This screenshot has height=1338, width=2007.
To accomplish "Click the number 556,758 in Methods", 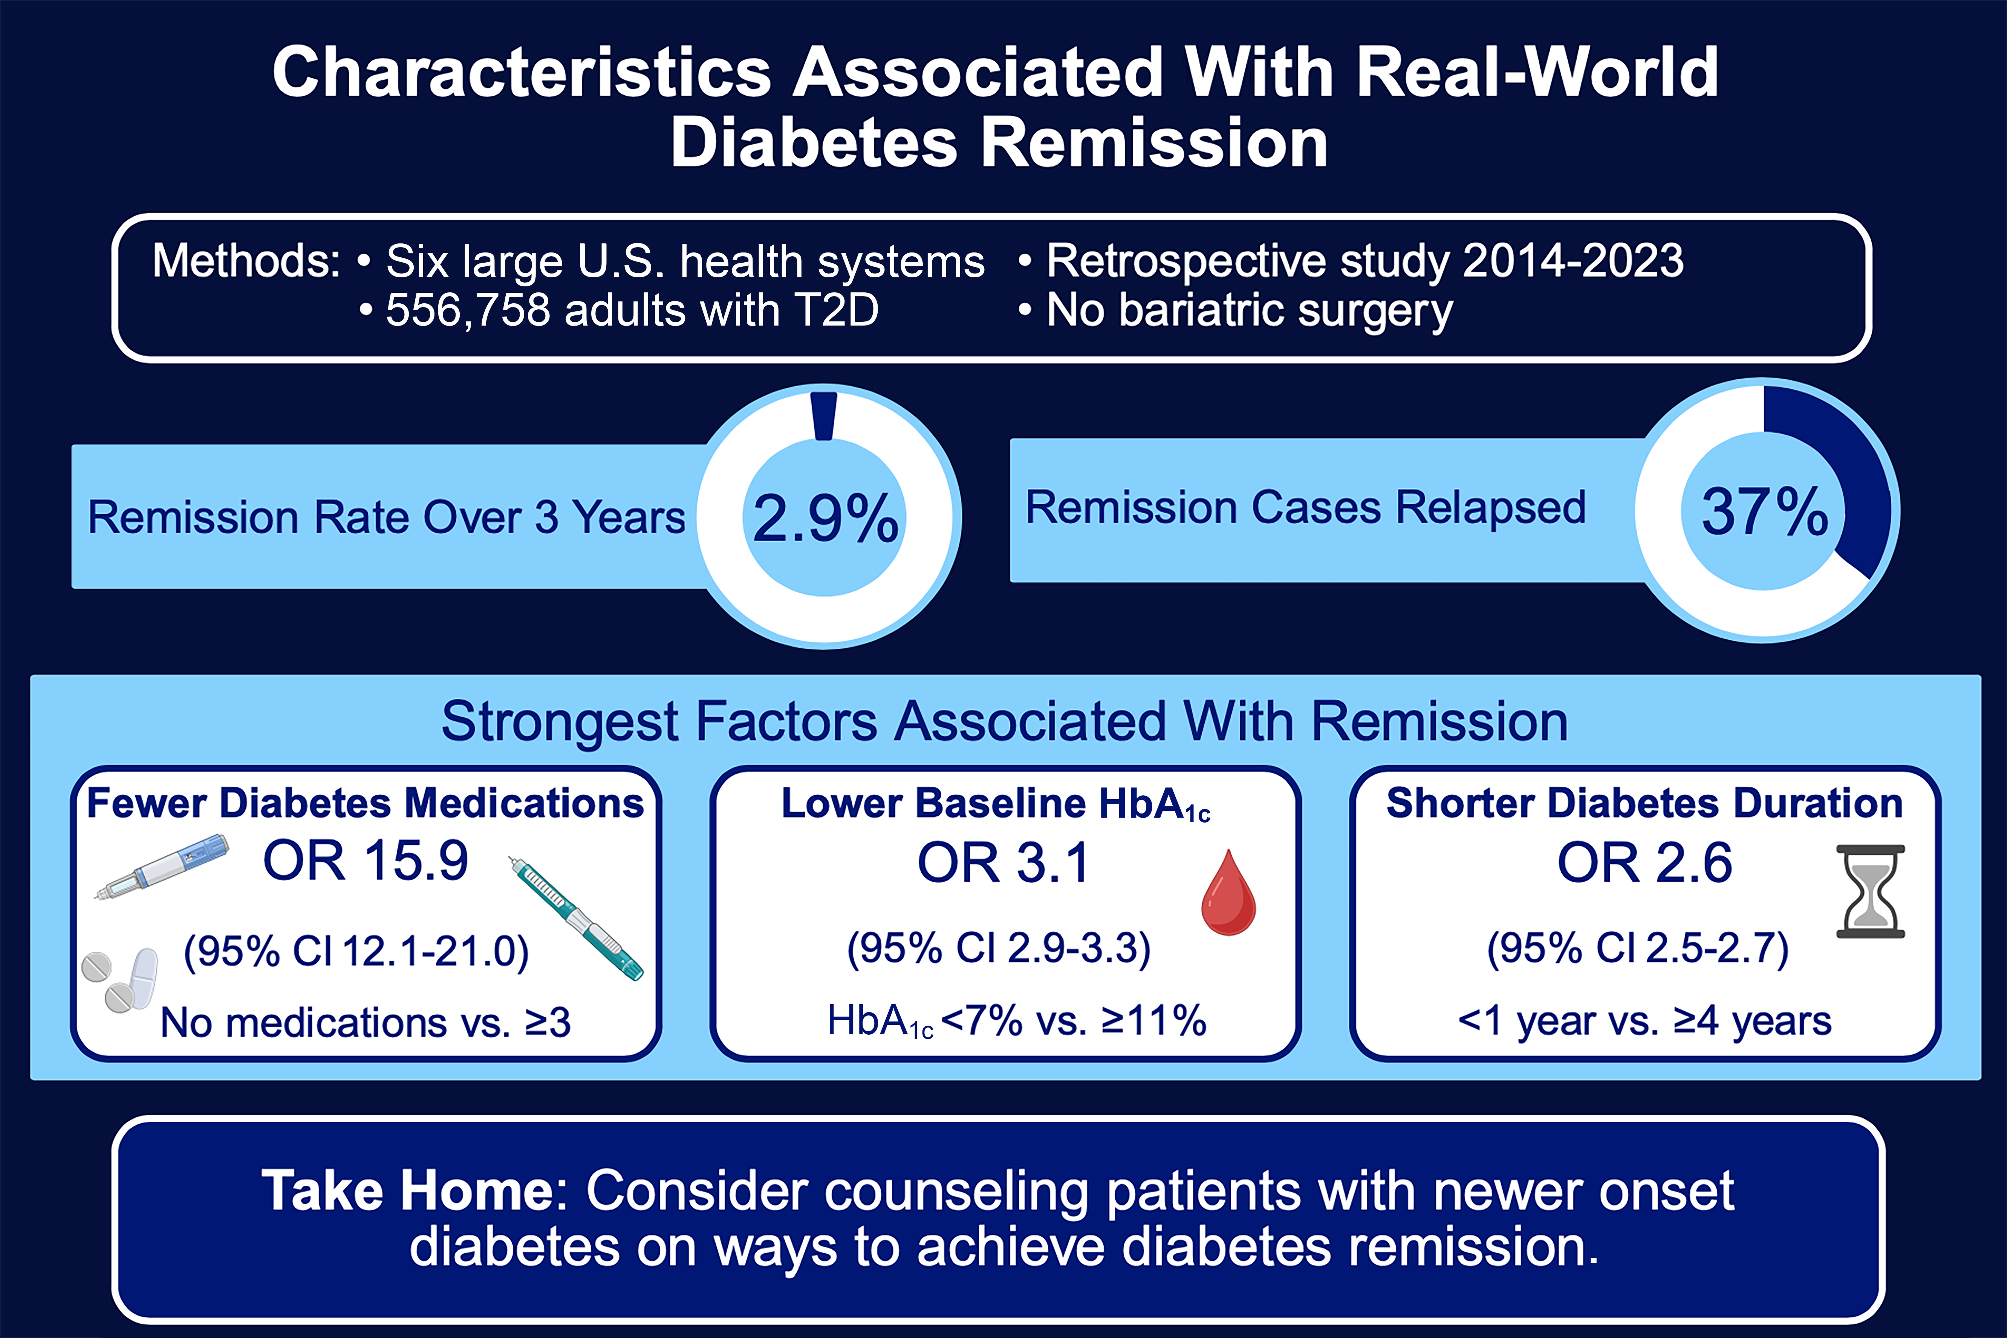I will pyautogui.click(x=468, y=310).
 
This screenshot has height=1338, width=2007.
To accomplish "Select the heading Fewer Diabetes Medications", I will pyautogui.click(x=365, y=803).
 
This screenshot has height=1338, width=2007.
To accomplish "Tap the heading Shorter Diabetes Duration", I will pyautogui.click(x=1644, y=803).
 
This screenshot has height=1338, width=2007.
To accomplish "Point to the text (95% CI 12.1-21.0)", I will pyautogui.click(x=357, y=951).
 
